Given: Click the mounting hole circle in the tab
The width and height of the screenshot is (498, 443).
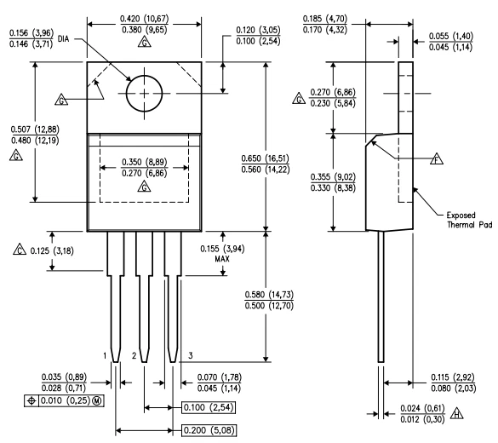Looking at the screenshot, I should pyautogui.click(x=145, y=93).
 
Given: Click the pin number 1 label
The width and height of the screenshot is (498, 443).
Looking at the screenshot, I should pyautogui.click(x=106, y=354).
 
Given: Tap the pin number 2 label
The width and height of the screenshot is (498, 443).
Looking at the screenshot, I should pyautogui.click(x=133, y=354).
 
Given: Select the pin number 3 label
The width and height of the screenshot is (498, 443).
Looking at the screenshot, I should pyautogui.click(x=190, y=354).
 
